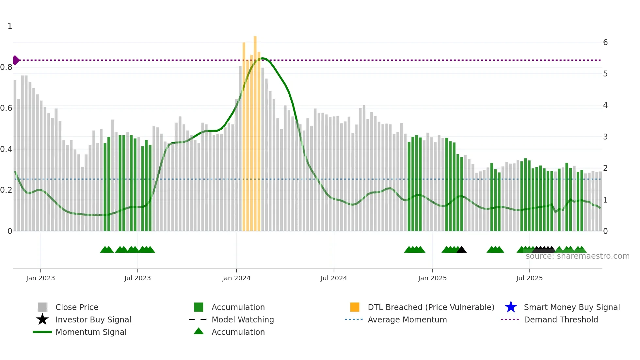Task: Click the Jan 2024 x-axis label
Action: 236,278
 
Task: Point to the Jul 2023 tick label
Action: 137,278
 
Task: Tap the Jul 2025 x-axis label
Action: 529,278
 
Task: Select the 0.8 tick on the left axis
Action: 7,67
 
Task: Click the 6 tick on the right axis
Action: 605,42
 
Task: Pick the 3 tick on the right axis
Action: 605,137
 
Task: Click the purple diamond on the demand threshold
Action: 16,60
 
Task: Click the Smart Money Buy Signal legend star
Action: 511,307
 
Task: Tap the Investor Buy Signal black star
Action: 42,319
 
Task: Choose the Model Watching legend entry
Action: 243,319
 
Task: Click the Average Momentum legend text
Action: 407,319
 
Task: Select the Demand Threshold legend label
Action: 561,319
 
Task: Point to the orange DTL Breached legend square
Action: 355,307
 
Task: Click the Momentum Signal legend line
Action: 42,332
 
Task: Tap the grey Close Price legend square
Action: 42,307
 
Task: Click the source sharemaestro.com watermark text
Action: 577,256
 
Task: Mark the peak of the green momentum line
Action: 263,58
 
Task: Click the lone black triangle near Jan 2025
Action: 461,250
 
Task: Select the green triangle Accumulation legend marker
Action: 199,331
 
